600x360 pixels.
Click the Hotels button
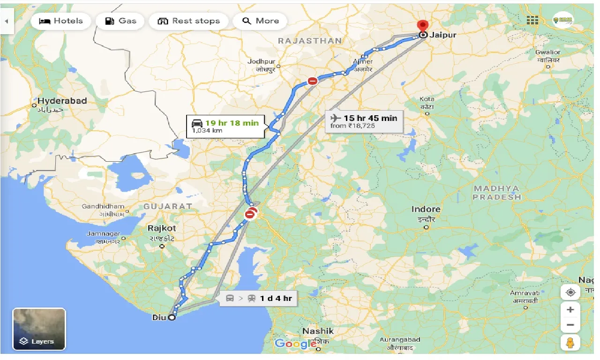pyautogui.click(x=60, y=21)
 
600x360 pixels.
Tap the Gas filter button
pyautogui.click(x=121, y=21)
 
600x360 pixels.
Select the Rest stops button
pyautogui.click(x=189, y=21)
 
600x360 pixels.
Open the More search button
pyautogui.click(x=261, y=21)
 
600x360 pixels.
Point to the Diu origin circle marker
pyautogui.click(x=172, y=317)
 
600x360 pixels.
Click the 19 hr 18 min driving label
pyautogui.click(x=225, y=126)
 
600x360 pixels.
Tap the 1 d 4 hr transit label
pyautogui.click(x=258, y=298)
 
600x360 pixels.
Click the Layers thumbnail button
pyautogui.click(x=39, y=329)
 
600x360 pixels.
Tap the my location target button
pyautogui.click(x=570, y=292)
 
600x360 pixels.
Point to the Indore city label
pyautogui.click(x=426, y=210)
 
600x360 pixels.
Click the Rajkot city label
pyautogui.click(x=162, y=228)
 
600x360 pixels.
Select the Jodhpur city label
pyautogui.click(x=262, y=62)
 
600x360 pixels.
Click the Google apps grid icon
pyautogui.click(x=532, y=20)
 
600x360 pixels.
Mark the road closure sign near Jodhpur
pyautogui.click(x=313, y=81)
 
